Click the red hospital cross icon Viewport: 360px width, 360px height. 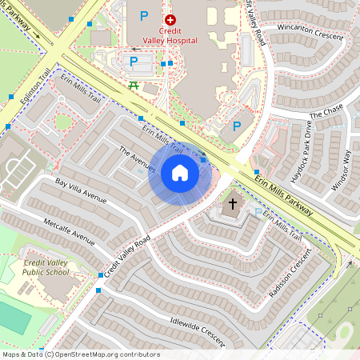pyautogui.click(x=170, y=18)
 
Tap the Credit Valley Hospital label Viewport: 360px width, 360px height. pyautogui.click(x=170, y=37)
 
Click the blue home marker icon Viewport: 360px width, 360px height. pyautogui.click(x=179, y=173)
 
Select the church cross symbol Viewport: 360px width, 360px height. pyautogui.click(x=233, y=203)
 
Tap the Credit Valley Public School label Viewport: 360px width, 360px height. pyautogui.click(x=46, y=267)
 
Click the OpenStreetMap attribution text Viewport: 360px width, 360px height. pyautogui.click(x=81, y=354)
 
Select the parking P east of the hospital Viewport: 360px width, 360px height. pyautogui.click(x=236, y=126)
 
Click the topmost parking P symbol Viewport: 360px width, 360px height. pyautogui.click(x=144, y=15)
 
